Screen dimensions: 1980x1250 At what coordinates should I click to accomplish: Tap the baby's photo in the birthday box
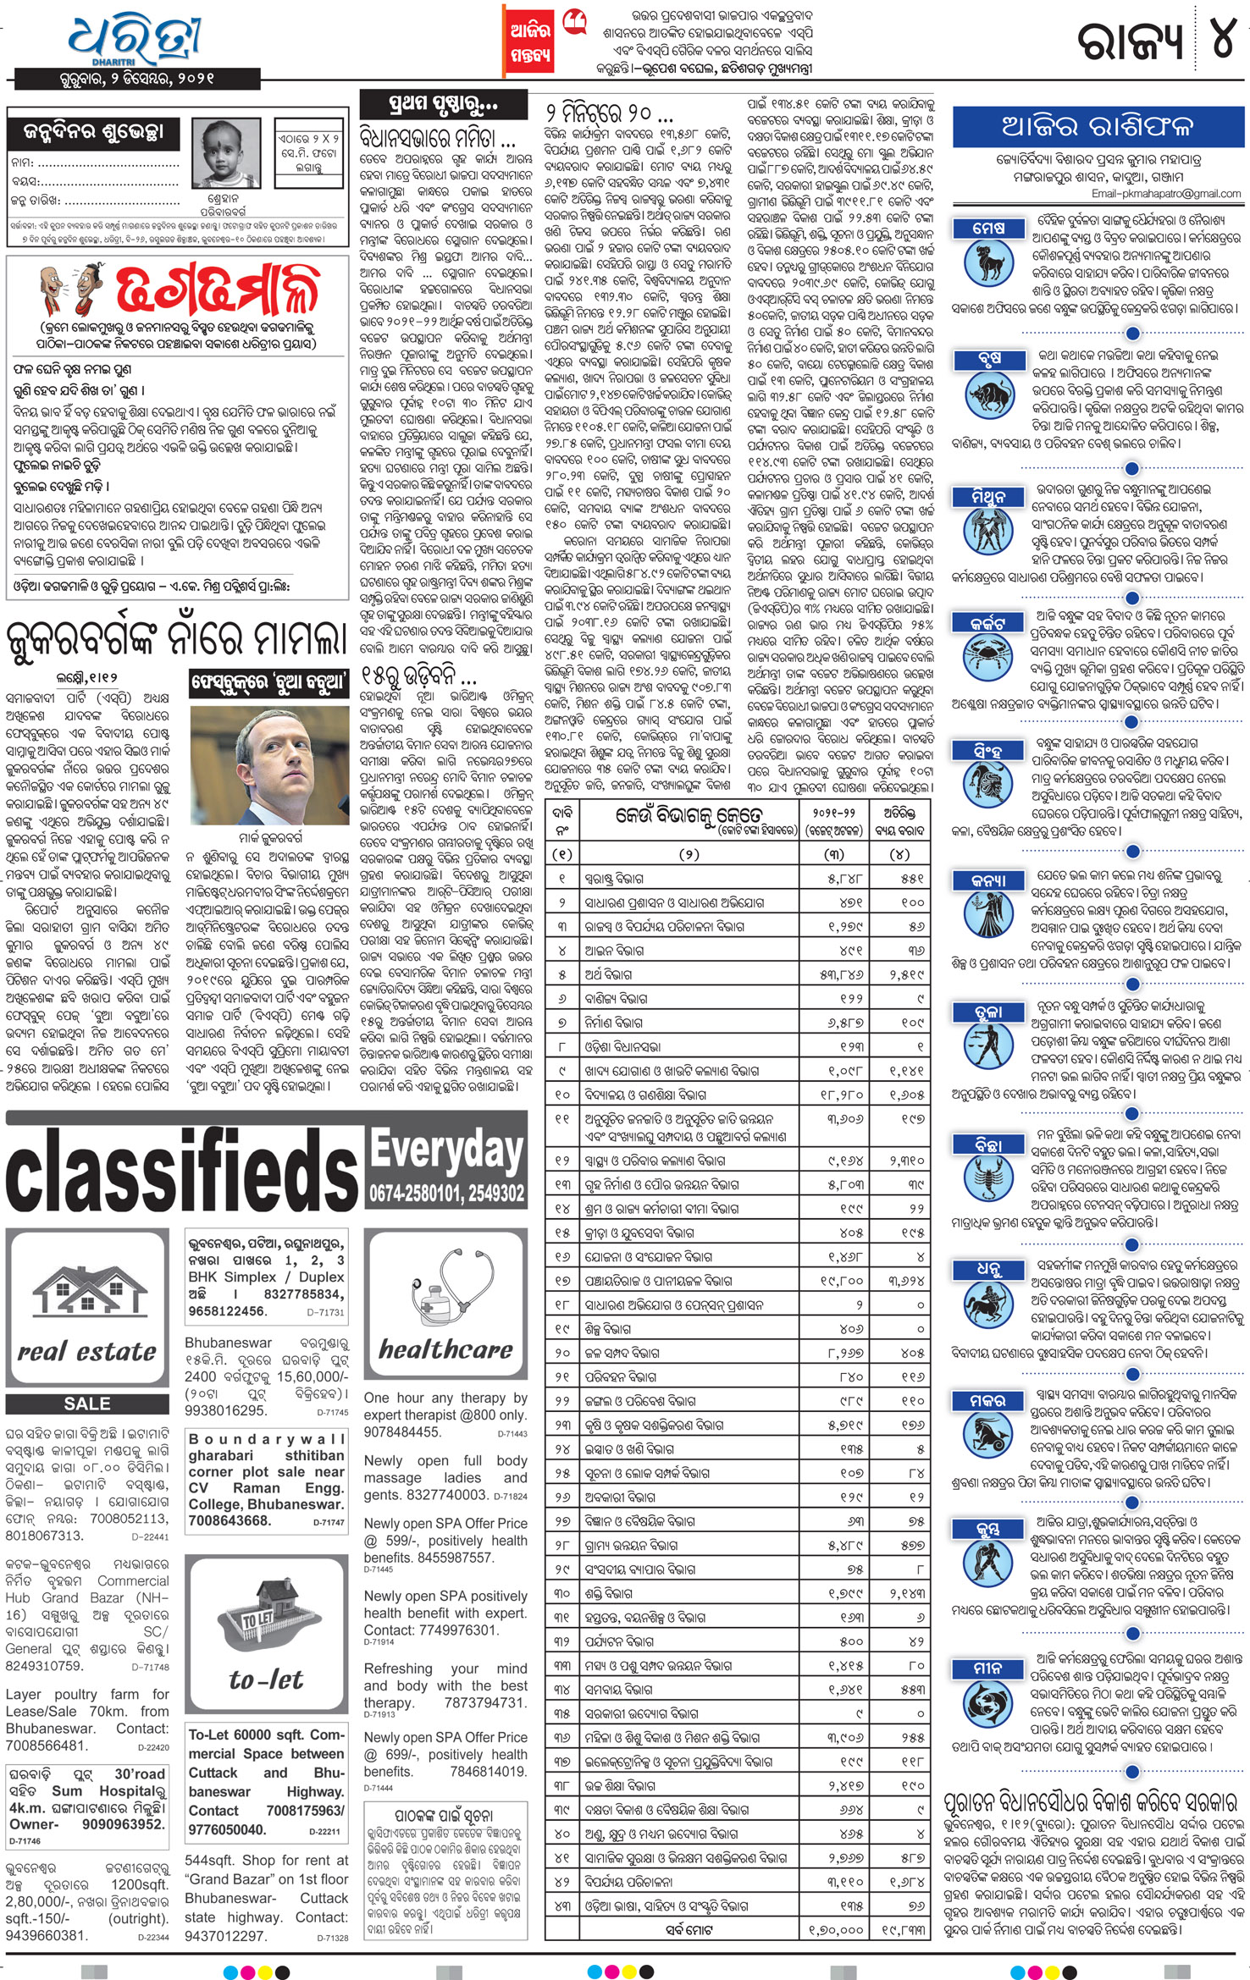(x=226, y=154)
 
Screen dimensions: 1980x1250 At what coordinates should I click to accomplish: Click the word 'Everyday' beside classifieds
(x=446, y=1151)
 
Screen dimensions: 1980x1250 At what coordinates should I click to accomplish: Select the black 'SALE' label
(x=87, y=1404)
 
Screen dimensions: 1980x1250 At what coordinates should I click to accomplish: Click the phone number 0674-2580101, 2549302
(x=446, y=1194)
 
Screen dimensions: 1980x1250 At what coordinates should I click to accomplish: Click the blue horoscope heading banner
(x=1098, y=127)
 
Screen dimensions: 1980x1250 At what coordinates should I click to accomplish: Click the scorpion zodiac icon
(x=989, y=1177)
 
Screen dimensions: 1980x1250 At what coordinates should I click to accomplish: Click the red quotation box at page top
(x=530, y=41)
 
